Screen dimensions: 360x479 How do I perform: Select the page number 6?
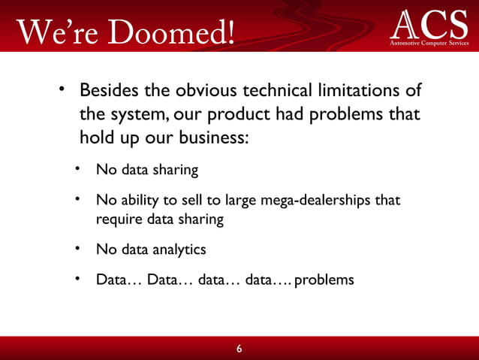pos(239,349)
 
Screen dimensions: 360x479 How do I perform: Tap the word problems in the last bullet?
pos(324,280)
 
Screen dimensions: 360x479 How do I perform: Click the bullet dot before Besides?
pos(65,91)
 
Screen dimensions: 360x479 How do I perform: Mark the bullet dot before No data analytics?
pos(77,248)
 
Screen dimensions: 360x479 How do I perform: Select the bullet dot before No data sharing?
pos(77,169)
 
